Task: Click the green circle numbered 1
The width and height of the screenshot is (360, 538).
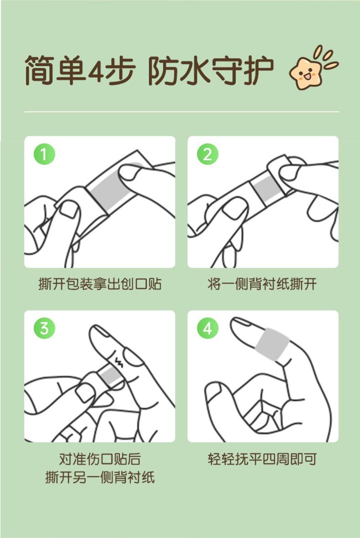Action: (44, 154)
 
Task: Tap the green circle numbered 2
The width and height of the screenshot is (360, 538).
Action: (207, 154)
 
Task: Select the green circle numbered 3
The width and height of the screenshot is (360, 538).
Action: (44, 328)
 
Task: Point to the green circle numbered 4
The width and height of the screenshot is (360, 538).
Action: (207, 328)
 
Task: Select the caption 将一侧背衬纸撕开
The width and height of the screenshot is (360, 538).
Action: (262, 285)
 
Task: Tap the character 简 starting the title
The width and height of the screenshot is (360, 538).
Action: (39, 71)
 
